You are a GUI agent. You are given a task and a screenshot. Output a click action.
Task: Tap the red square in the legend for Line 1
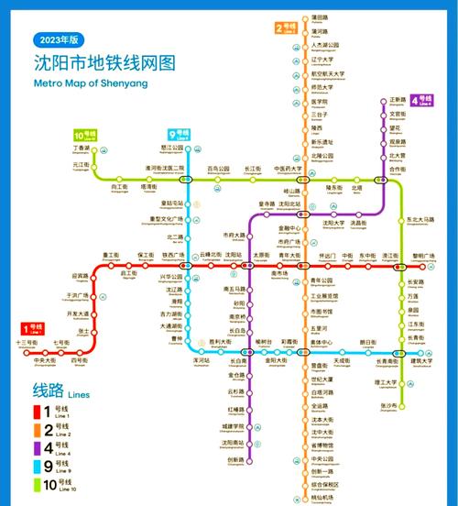tap(38, 412)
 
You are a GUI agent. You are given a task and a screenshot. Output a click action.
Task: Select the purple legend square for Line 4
tap(38, 448)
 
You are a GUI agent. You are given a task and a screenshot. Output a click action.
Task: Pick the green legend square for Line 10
tap(38, 485)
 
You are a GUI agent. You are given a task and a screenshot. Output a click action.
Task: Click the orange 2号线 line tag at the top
tap(288, 27)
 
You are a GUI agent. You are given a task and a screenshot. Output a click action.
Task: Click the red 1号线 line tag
tap(33, 328)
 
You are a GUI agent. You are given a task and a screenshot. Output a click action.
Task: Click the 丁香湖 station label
tap(82, 148)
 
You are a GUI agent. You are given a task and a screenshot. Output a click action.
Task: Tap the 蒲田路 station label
tap(320, 18)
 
